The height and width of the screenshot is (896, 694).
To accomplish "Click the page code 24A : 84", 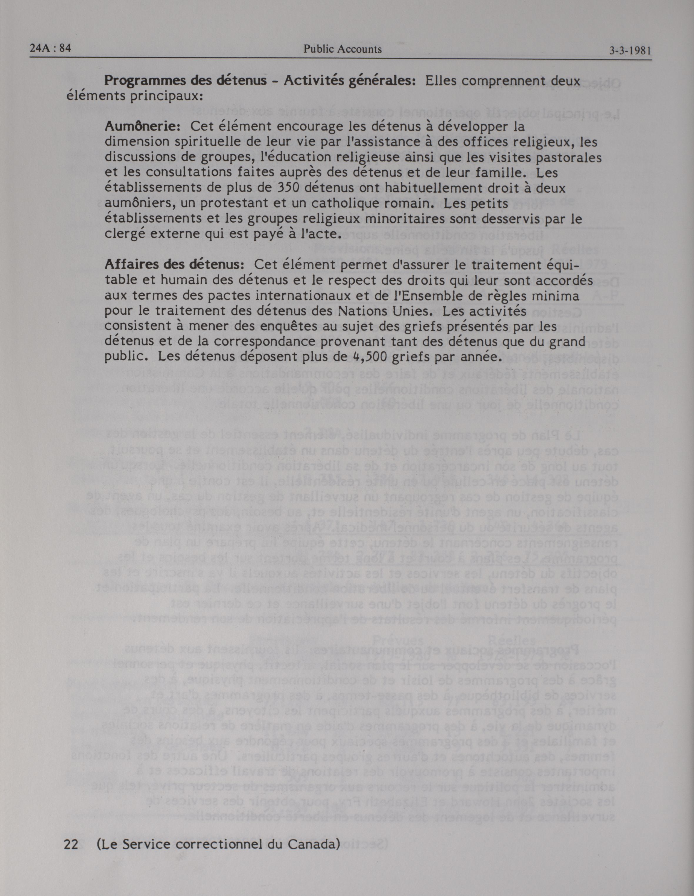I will [x=51, y=49].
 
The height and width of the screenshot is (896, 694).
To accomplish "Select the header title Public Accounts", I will [x=343, y=50].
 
